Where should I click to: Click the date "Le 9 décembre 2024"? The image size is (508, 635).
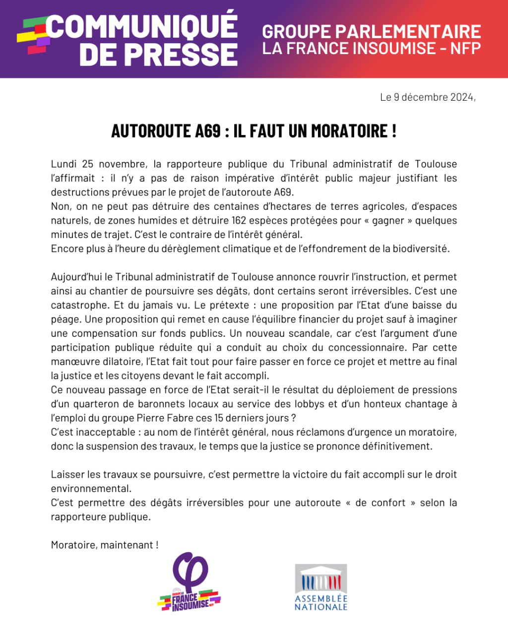(x=428, y=97)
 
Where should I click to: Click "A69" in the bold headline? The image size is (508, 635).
(x=208, y=131)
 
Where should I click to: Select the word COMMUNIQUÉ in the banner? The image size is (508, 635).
(x=143, y=27)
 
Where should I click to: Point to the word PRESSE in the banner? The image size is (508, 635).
(x=181, y=54)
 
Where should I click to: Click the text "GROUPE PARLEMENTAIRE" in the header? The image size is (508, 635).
(x=372, y=32)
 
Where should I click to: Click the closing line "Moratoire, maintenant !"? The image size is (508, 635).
(x=104, y=545)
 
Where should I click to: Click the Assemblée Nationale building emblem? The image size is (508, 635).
(x=321, y=578)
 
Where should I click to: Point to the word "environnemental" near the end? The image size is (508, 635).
(x=91, y=488)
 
